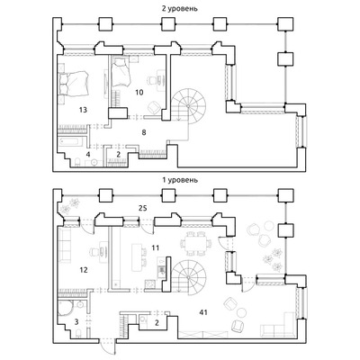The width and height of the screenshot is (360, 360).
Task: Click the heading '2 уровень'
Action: click(x=180, y=8)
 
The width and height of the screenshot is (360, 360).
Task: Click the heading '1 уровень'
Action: click(x=180, y=180)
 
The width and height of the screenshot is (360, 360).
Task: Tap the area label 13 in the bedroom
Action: click(x=83, y=110)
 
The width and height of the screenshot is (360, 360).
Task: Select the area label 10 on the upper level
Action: click(x=139, y=92)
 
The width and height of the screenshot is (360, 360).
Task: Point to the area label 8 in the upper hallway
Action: click(x=144, y=132)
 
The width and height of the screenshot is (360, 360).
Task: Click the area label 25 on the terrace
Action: click(x=143, y=208)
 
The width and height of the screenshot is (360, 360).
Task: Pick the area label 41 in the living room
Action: click(x=203, y=312)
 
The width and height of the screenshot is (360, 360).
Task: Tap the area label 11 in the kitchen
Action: click(x=156, y=248)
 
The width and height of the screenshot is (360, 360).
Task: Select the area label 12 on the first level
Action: click(x=84, y=270)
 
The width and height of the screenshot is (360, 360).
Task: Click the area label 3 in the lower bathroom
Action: click(x=76, y=322)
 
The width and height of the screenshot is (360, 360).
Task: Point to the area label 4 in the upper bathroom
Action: click(x=88, y=155)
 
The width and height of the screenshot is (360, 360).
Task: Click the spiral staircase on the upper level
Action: click(x=188, y=106)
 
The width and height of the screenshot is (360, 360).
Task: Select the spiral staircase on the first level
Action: click(x=188, y=276)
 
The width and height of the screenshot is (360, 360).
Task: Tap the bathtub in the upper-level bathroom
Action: click(x=72, y=142)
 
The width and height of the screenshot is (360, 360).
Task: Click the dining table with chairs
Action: click(x=196, y=243)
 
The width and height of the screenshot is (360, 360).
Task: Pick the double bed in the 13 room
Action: click(x=74, y=83)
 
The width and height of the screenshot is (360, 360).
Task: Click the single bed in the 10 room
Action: click(x=121, y=73)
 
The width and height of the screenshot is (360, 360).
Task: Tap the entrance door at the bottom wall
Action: click(x=108, y=347)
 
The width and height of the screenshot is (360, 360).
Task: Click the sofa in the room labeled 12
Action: click(x=65, y=245)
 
